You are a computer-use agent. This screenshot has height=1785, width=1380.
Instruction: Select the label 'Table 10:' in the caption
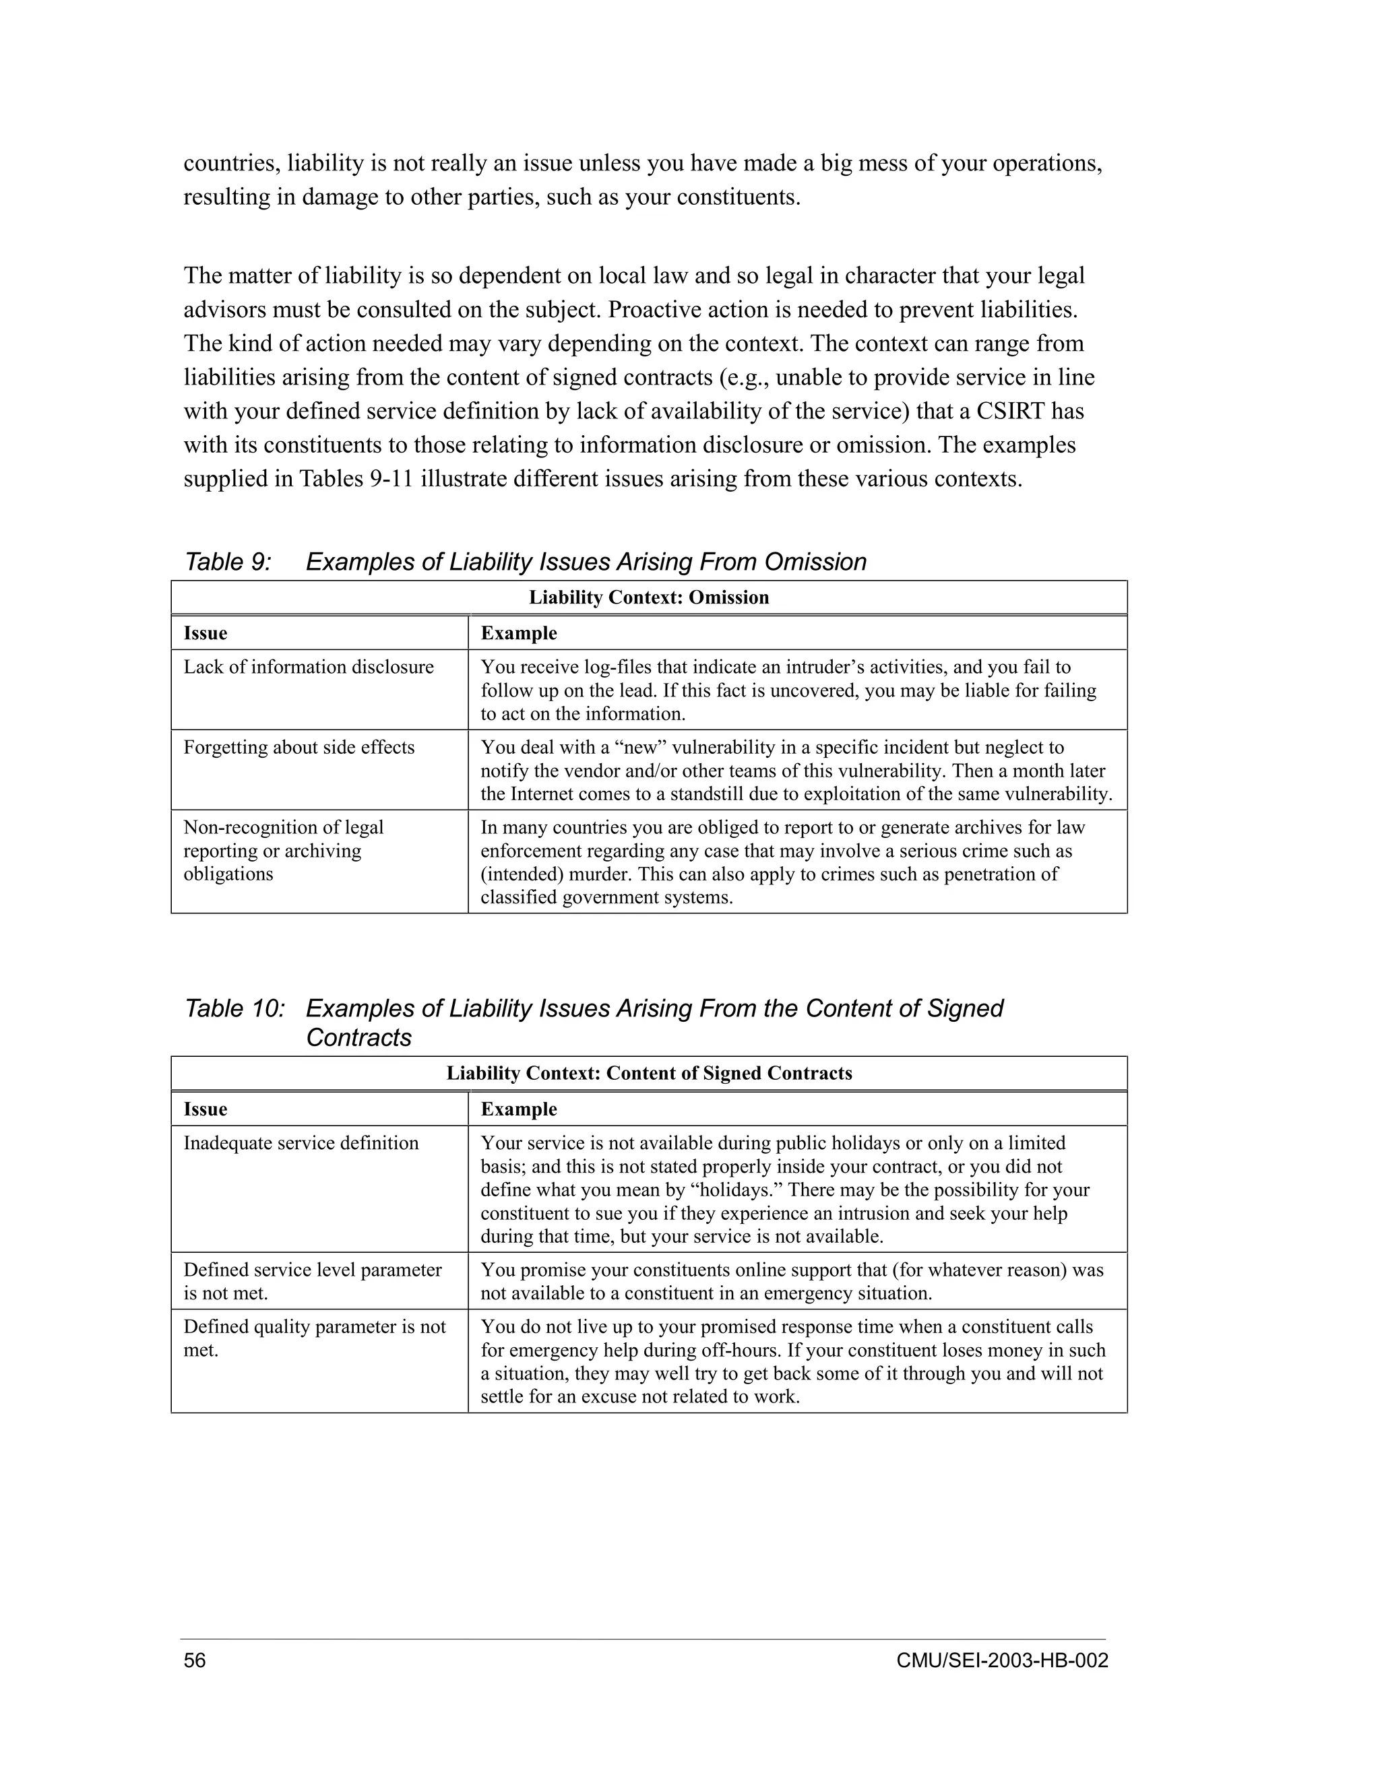234,1008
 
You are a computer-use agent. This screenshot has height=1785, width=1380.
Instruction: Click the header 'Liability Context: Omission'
648,597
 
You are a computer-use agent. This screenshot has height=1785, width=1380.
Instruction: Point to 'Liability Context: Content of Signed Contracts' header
648,1073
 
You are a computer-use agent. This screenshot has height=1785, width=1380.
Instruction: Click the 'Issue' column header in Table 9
206,633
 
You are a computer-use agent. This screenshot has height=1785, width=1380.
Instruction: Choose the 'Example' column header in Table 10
518,1109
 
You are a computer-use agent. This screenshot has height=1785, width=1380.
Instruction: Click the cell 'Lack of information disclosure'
308,667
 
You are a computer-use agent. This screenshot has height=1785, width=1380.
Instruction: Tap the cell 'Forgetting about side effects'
299,747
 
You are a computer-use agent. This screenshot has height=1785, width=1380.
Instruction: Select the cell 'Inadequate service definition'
300,1142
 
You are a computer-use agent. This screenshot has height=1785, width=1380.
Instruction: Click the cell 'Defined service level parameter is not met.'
311,1280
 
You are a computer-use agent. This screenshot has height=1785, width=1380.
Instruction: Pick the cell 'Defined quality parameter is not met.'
314,1338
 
